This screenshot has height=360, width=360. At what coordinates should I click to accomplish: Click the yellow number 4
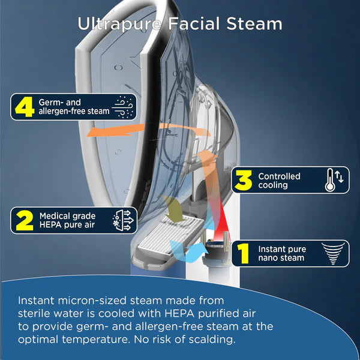[x=25, y=107]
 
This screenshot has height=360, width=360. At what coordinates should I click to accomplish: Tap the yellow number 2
[x=25, y=220]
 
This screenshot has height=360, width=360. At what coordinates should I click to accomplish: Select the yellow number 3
[x=243, y=180]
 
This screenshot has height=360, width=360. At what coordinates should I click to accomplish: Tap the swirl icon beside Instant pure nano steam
[x=333, y=253]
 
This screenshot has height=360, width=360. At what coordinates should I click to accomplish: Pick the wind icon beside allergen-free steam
[x=122, y=107]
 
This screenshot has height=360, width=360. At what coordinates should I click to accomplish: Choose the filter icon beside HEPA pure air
[x=123, y=220]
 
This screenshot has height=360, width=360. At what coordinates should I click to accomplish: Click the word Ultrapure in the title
[x=119, y=24]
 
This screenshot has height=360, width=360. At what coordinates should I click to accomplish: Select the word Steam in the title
[x=254, y=23]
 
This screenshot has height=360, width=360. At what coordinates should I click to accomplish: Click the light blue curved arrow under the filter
[x=187, y=251]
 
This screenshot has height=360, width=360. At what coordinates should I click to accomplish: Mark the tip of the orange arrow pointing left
[x=87, y=136]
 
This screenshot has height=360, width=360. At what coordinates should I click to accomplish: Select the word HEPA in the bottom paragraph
[x=180, y=313]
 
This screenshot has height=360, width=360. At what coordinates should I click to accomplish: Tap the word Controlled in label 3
[x=279, y=176]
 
